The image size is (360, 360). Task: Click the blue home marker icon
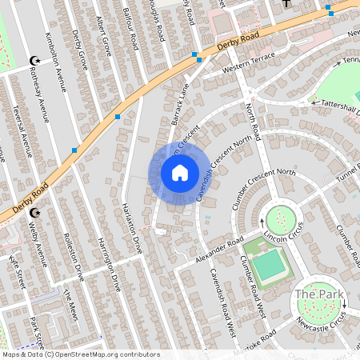coord(180,173)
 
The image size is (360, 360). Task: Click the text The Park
coord(319,294)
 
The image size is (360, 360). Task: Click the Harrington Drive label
coord(107,265)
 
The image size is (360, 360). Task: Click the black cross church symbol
coord(286,4)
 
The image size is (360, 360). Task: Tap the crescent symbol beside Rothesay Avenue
coord(34,61)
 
